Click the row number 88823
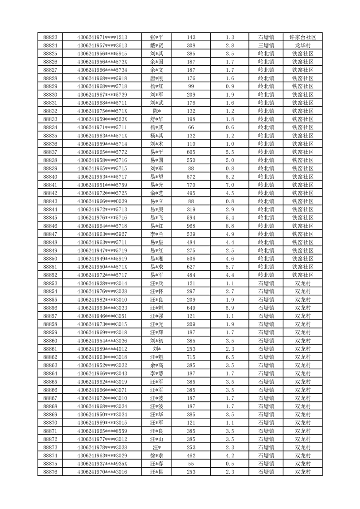[50, 37]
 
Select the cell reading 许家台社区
[302, 37]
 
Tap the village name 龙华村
[302, 45]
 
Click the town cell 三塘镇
[266, 45]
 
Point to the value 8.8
[230, 226]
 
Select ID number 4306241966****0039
[102, 201]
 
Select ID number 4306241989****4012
[102, 349]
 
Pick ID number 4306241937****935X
[102, 464]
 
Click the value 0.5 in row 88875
[230, 464]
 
